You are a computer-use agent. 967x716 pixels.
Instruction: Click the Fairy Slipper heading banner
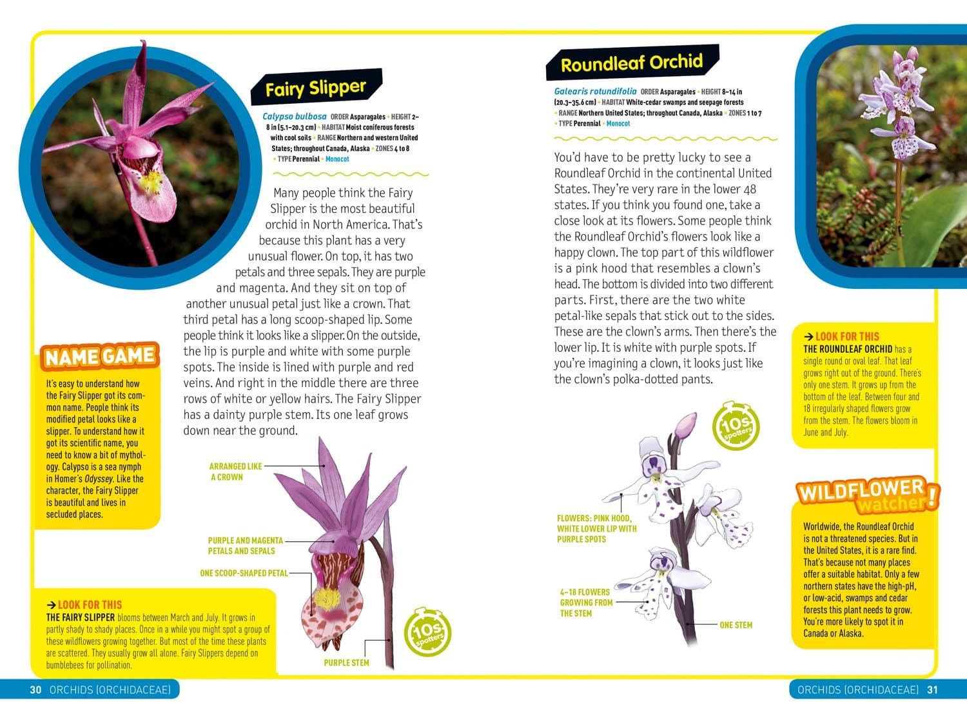tap(316, 88)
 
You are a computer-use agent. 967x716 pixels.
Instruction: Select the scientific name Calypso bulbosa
tap(295, 117)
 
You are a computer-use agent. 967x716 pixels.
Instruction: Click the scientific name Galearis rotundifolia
tap(595, 92)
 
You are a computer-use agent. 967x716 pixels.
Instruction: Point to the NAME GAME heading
tap(99, 356)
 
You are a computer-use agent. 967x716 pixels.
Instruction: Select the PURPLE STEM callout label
tap(346, 662)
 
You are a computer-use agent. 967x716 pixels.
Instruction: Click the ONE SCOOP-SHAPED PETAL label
tap(244, 573)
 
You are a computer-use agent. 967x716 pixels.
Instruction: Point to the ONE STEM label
tap(736, 625)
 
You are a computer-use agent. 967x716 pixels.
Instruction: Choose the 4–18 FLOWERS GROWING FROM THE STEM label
tap(585, 602)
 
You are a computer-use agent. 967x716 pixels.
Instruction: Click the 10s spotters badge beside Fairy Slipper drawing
tap(427, 631)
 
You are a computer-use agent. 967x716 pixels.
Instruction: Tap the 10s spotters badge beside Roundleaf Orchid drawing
tap(736, 426)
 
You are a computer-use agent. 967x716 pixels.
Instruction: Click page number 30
tap(35, 690)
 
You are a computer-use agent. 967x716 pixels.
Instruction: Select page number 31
tap(932, 690)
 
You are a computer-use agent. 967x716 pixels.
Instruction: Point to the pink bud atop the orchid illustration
tap(685, 425)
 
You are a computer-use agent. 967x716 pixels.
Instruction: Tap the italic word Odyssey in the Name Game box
tap(99, 479)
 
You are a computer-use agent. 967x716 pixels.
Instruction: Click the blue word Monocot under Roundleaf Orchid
tap(618, 123)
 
